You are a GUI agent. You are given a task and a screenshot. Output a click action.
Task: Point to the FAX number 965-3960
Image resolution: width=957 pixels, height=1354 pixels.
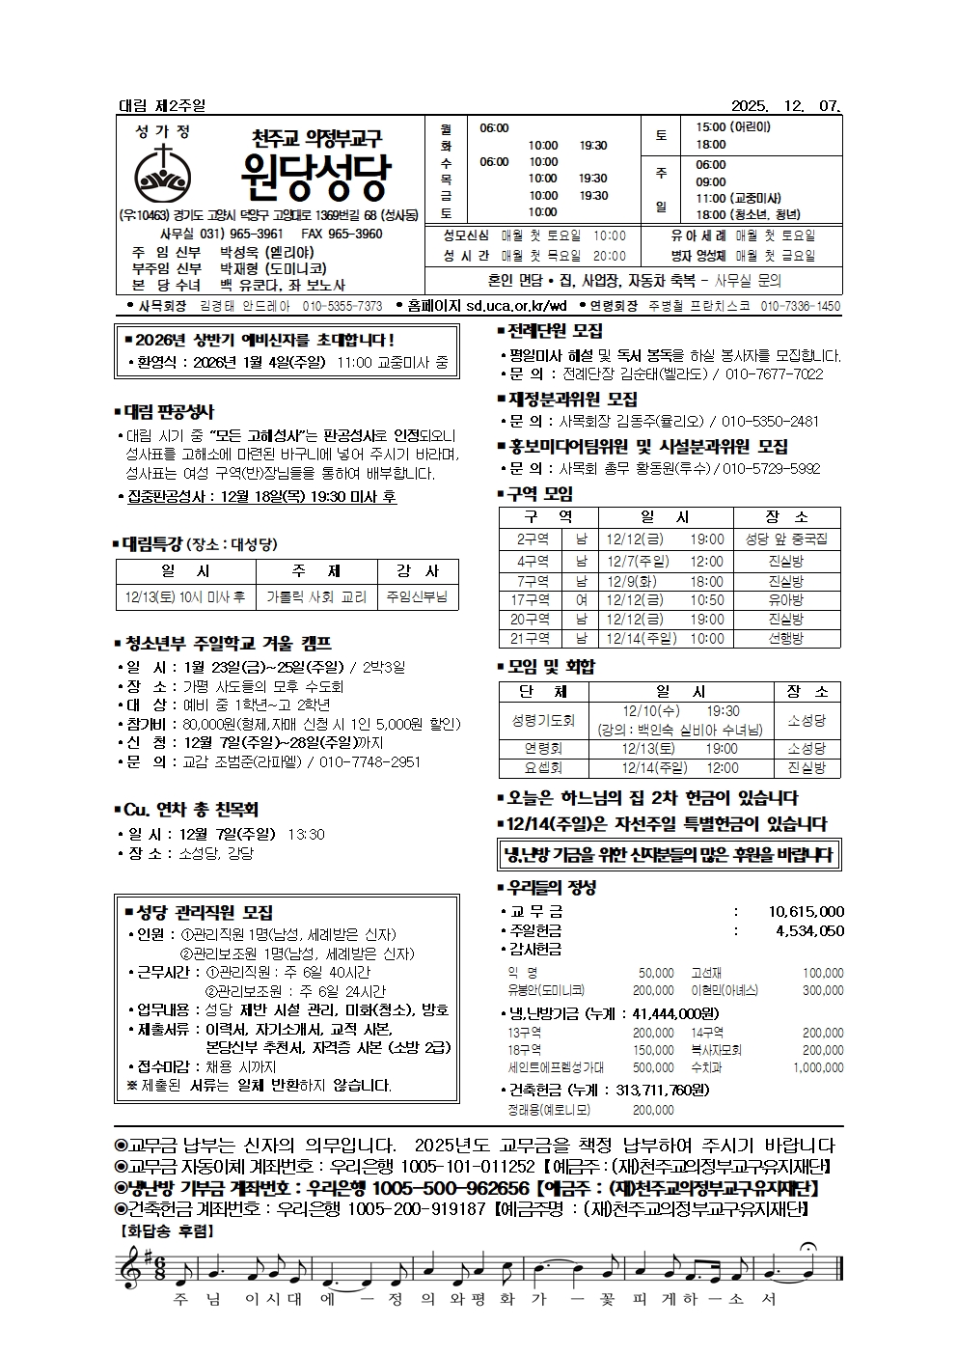355,234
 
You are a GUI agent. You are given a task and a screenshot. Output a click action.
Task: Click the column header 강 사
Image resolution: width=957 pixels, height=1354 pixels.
418,571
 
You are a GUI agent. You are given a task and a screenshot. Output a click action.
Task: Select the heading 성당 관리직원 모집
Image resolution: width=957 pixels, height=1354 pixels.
205,912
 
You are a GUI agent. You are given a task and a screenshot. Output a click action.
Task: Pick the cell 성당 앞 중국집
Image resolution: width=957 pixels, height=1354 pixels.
786,539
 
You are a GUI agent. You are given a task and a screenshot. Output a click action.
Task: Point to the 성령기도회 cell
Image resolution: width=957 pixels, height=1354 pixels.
543,720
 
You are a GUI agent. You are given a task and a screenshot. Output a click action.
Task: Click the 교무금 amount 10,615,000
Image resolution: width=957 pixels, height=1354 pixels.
807,912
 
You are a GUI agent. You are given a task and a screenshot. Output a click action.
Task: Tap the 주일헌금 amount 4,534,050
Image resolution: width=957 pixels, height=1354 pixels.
809,931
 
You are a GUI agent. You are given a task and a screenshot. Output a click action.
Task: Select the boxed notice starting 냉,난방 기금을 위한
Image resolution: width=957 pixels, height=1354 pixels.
668,855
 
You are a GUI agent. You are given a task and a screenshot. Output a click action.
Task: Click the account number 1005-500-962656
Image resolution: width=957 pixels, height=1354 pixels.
451,1188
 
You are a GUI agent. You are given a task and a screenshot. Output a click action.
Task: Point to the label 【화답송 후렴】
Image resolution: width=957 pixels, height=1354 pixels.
166,1230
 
